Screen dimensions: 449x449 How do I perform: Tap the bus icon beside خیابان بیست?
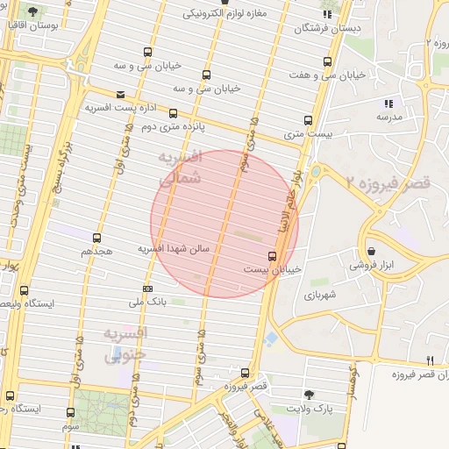point(272,257)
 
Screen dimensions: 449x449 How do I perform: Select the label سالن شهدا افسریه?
point(173,249)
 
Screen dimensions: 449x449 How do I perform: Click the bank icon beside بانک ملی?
point(147,289)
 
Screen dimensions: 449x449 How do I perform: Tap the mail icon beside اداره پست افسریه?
point(120,95)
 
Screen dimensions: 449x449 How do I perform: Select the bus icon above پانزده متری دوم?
point(173,113)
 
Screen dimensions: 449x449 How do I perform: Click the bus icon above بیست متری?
point(308,121)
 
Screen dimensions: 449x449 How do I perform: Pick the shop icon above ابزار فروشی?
point(372,251)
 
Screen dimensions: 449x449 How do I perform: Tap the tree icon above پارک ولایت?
point(308,396)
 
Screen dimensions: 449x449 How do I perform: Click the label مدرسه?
point(388,116)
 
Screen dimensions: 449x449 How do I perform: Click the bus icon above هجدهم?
point(97,238)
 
